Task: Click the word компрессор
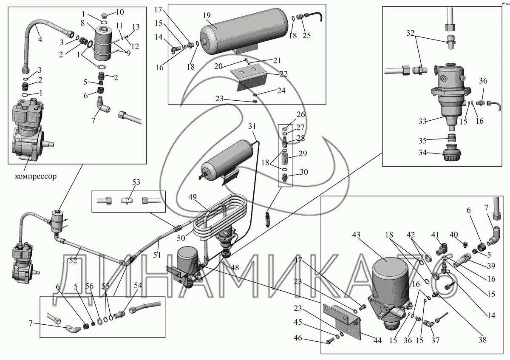pos(36,176)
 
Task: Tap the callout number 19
pos(207,15)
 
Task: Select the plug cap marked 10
pos(105,16)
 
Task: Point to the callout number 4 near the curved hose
pos(40,39)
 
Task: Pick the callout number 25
pos(307,35)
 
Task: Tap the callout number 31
pos(252,126)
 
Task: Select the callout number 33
pos(422,122)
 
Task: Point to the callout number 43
pos(357,235)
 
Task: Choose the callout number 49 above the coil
pos(193,197)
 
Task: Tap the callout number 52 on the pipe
pos(73,261)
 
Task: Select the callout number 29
pos(303,153)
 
